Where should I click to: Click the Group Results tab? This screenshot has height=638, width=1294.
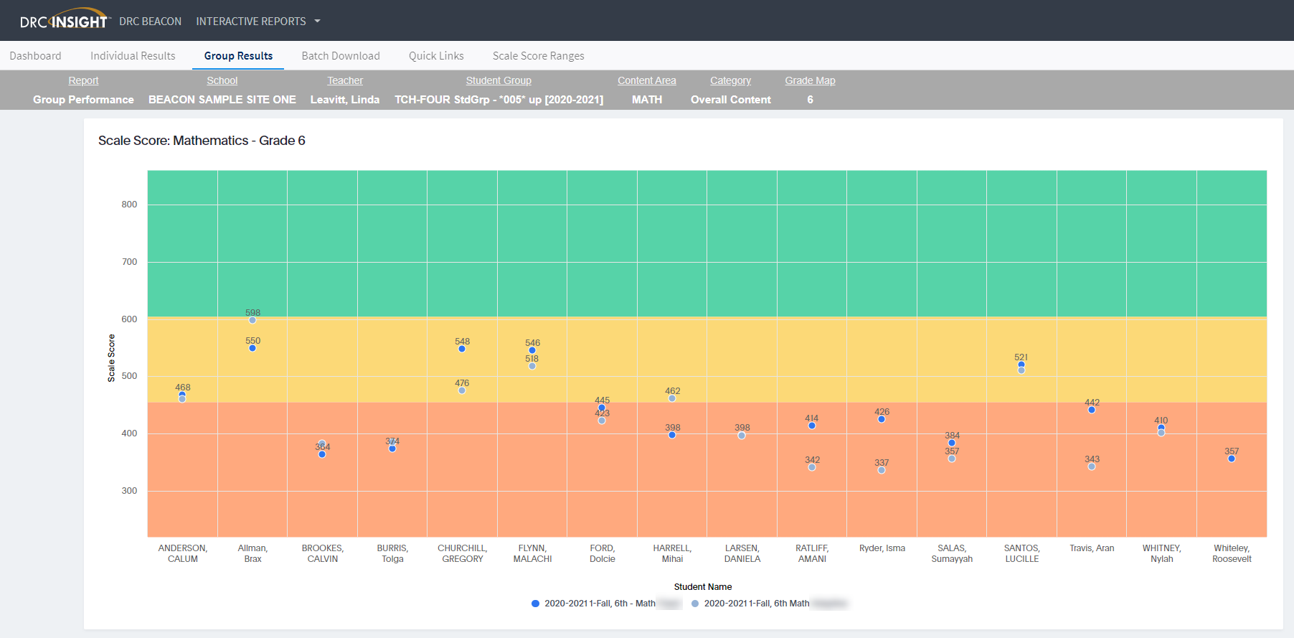coord(238,56)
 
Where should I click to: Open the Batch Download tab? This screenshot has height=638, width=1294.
coord(341,56)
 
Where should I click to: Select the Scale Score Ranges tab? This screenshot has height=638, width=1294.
coord(538,56)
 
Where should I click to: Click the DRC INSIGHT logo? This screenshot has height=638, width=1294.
coord(64,21)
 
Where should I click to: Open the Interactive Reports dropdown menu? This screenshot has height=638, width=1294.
coord(258,22)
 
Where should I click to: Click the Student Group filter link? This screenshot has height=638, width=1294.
coord(499,80)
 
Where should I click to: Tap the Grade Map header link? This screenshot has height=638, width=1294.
coord(810,80)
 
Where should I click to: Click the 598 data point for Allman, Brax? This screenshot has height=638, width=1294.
coord(252,320)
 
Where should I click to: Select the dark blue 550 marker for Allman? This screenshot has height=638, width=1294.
coord(252,348)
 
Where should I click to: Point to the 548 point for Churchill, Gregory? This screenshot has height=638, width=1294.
coord(462,349)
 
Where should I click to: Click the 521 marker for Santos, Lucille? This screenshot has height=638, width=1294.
coord(1021,365)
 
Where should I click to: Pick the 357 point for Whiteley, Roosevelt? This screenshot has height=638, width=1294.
coord(1232,459)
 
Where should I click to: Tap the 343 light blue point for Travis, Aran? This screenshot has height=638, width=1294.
coord(1092,466)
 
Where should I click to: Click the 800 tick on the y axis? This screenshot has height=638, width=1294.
coord(129,205)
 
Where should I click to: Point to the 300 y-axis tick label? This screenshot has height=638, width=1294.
coord(129,491)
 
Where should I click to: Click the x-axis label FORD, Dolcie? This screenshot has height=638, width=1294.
coord(603,553)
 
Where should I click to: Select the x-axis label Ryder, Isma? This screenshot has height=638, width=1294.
coord(882,548)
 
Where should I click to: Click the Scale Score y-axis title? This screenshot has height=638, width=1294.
coord(111,357)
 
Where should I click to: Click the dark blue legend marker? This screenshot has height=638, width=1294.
coord(535,604)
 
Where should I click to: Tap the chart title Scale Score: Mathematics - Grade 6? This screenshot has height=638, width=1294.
coord(202,141)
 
